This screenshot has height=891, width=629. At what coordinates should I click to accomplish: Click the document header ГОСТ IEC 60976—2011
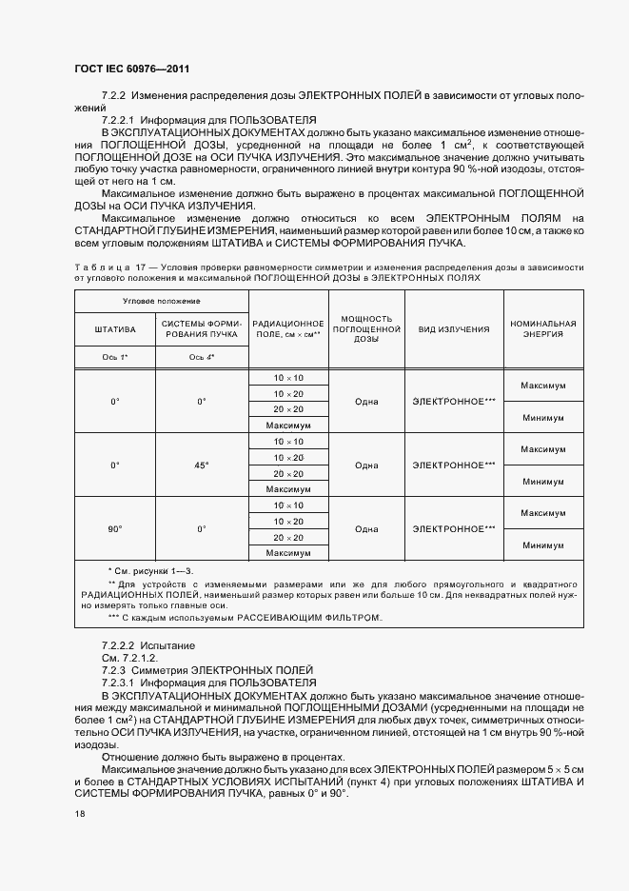137,69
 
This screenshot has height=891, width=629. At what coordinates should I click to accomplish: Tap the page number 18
79,813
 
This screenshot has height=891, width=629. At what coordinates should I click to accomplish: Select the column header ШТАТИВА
114,328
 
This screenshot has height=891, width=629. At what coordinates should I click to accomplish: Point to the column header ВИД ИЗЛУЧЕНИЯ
454,328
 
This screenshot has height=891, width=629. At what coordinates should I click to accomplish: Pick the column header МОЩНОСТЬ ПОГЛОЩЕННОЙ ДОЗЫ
366,328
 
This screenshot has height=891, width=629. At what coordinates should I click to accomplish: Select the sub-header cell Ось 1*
114,356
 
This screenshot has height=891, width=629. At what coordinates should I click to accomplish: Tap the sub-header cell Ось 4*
201,356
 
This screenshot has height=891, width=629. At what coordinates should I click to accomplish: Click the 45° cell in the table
201,465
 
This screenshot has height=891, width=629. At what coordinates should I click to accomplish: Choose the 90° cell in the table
114,528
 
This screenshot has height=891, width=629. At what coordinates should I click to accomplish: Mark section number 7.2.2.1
122,120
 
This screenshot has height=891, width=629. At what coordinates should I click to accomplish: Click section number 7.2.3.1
122,683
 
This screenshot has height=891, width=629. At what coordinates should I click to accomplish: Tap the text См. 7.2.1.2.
129,658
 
